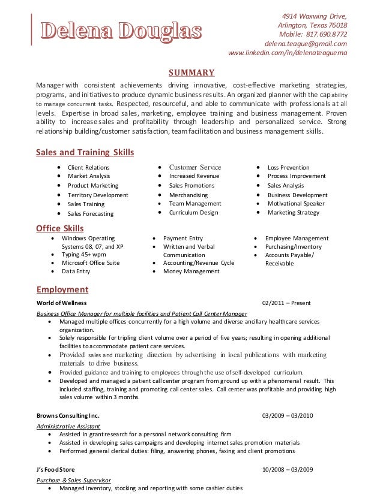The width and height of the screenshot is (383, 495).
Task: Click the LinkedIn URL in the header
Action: click(288, 55)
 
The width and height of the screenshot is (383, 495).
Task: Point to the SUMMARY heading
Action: click(191, 73)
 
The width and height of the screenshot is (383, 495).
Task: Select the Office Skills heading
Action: click(60, 228)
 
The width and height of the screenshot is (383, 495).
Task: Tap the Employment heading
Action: click(62, 290)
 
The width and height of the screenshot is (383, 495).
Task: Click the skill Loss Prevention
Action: click(288, 168)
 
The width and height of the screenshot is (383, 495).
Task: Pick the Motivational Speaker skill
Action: click(296, 204)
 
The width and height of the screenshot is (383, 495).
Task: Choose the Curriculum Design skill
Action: click(194, 213)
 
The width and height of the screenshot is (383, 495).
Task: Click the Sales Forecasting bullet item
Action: click(90, 213)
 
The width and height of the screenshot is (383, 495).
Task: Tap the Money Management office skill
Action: click(191, 271)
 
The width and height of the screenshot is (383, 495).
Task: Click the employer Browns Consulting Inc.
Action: click(68, 416)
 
